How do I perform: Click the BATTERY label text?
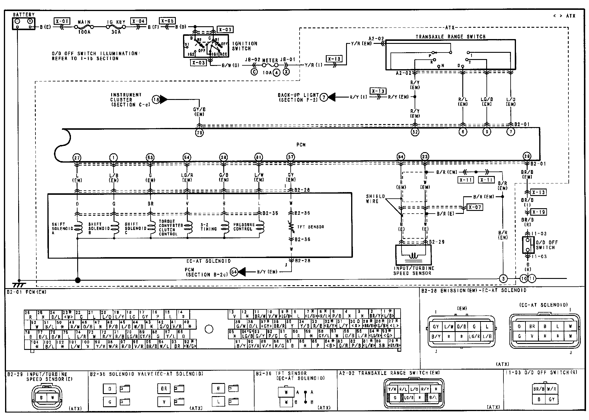pyautogui.click(x=24, y=14)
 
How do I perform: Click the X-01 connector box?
pyautogui.click(x=62, y=21)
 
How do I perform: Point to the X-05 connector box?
pyautogui.click(x=167, y=21)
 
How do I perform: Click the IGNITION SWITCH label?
pyautogui.click(x=244, y=46)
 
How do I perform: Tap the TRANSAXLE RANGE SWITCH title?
pyautogui.click(x=450, y=37)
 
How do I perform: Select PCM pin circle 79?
pyautogui.click(x=199, y=133)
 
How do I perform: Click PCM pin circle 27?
pyautogui.click(x=77, y=157)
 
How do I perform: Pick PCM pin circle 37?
pyautogui.click(x=291, y=157)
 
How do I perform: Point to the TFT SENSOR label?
pyautogui.click(x=310, y=227)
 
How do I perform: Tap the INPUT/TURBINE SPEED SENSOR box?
pyautogui.click(x=413, y=254)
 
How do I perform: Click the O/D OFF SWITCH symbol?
pyautogui.click(x=528, y=245)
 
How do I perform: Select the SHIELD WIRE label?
pyautogui.click(x=376, y=199)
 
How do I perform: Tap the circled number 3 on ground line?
pyautogui.click(x=503, y=279)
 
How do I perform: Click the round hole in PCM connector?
pyautogui.click(x=209, y=329)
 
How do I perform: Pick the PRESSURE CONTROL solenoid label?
pyautogui.click(x=244, y=227)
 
